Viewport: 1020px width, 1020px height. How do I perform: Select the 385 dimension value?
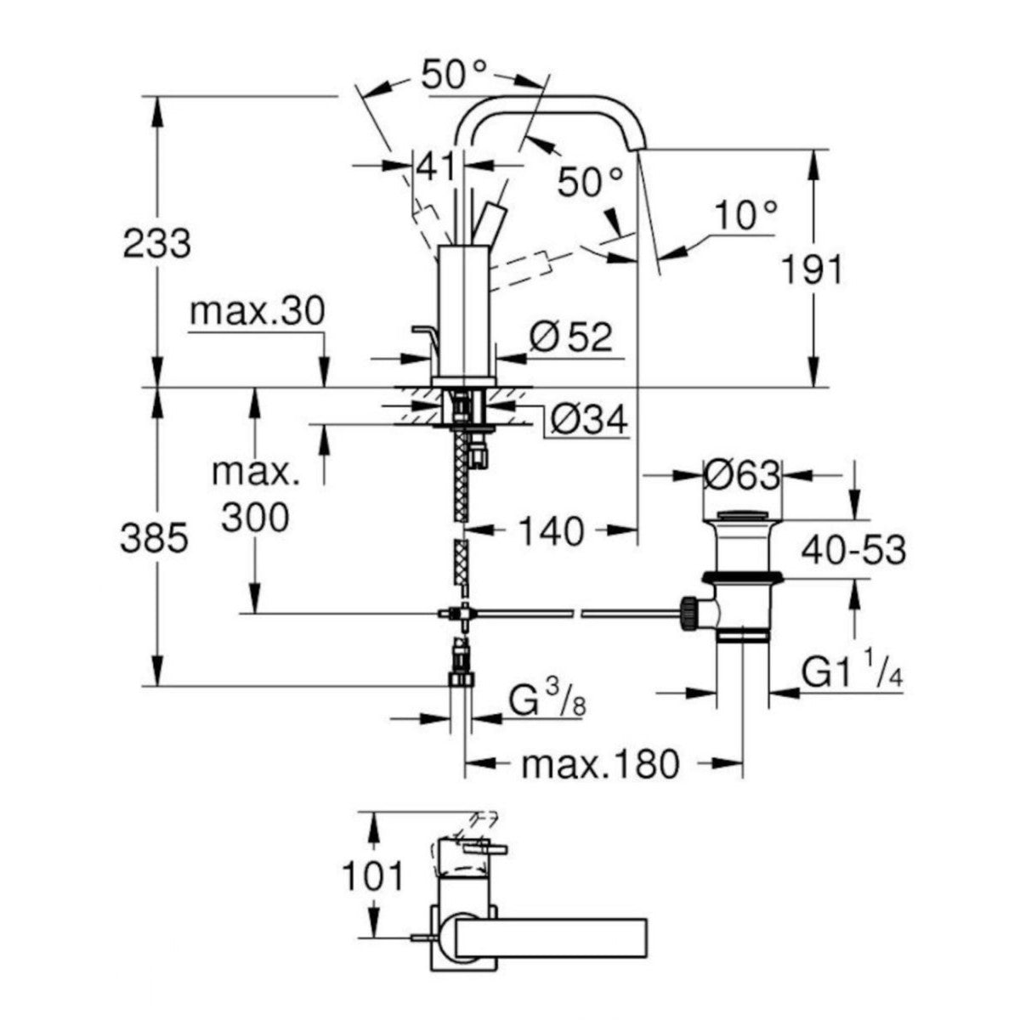153,538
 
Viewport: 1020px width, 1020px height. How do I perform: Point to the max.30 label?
257,312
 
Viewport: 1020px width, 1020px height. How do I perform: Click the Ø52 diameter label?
571,337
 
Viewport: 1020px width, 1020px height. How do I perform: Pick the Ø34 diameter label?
588,418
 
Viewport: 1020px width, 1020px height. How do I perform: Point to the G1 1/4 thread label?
851,674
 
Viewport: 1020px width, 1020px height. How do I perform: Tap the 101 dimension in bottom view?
372,875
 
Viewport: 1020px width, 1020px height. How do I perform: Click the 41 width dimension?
434,167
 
